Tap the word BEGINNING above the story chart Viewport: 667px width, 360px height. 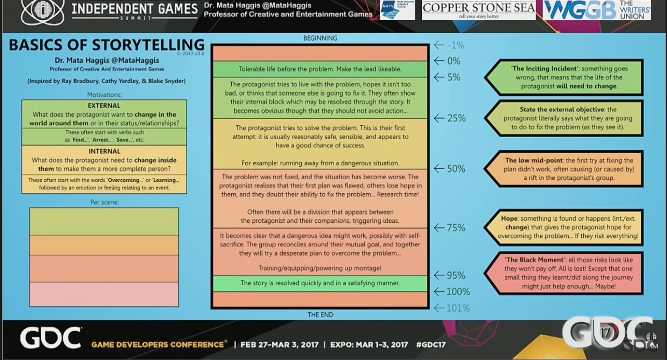click(x=320, y=38)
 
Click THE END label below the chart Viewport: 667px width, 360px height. click(x=320, y=315)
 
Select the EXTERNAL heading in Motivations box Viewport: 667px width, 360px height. click(x=104, y=106)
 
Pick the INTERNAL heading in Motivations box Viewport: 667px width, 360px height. click(x=104, y=151)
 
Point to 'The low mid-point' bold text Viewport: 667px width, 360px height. click(x=534, y=160)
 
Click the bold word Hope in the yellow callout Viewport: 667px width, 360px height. click(x=509, y=219)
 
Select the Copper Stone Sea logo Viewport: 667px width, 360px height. click(x=478, y=10)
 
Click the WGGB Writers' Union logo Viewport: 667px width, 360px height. click(x=597, y=10)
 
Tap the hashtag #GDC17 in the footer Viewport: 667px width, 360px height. click(x=431, y=345)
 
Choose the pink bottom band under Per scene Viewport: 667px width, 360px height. click(x=104, y=294)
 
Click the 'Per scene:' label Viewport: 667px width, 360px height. click(x=104, y=202)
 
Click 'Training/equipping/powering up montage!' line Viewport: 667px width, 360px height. click(x=320, y=268)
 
